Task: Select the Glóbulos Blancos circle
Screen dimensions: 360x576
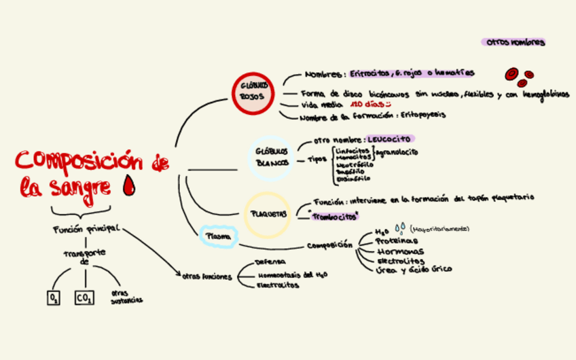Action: [x=272, y=157]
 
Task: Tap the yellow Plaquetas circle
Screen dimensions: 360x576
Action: [x=268, y=214]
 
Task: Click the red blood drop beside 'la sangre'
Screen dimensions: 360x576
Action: [x=127, y=184]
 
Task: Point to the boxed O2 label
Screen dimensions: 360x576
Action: [x=54, y=298]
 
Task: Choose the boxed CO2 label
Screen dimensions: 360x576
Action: [x=85, y=298]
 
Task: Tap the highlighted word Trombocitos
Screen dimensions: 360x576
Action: [x=334, y=217]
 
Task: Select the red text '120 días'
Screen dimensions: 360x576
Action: [x=367, y=105]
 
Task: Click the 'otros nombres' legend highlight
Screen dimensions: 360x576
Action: [x=513, y=42]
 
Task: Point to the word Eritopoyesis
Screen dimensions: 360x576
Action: [x=423, y=115]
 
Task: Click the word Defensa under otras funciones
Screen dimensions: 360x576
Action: [x=270, y=262]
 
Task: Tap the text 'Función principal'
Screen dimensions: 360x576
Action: [x=86, y=229]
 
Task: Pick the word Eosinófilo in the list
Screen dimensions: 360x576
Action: [x=353, y=179]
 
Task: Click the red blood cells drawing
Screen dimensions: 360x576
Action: [x=519, y=76]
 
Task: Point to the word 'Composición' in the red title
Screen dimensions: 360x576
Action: [x=79, y=162]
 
